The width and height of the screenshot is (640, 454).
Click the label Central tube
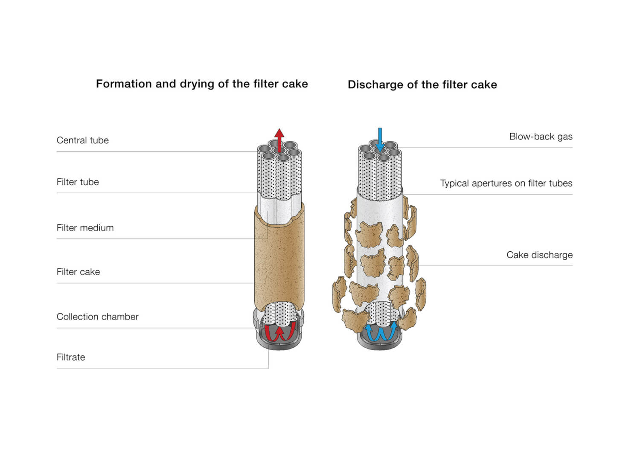click(x=82, y=140)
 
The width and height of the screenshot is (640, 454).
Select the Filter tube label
click(x=78, y=182)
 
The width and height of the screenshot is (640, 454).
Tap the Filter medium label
click(x=85, y=228)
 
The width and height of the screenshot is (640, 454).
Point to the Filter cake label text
click(x=78, y=272)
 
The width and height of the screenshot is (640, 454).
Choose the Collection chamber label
click(x=97, y=317)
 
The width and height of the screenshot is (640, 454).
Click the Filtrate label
click(x=71, y=357)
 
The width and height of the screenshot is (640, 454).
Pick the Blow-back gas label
click(x=541, y=137)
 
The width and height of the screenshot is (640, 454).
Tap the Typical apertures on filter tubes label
click(x=506, y=183)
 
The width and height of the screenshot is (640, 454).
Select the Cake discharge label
click(x=539, y=255)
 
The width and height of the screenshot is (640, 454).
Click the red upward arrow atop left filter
click(x=279, y=139)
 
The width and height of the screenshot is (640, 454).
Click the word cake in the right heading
click(x=484, y=84)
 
